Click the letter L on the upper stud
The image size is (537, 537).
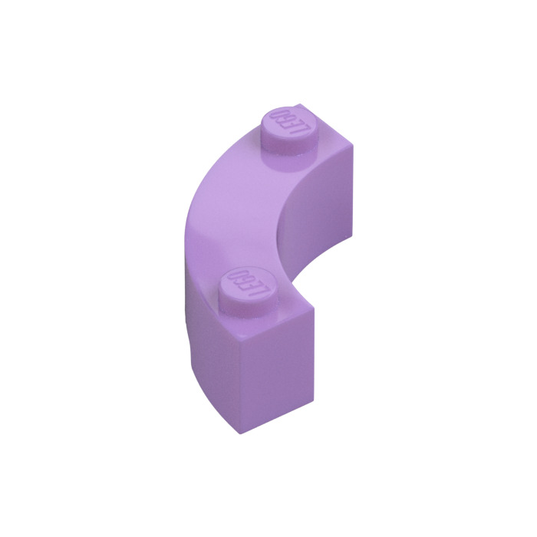tap(304, 130)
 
